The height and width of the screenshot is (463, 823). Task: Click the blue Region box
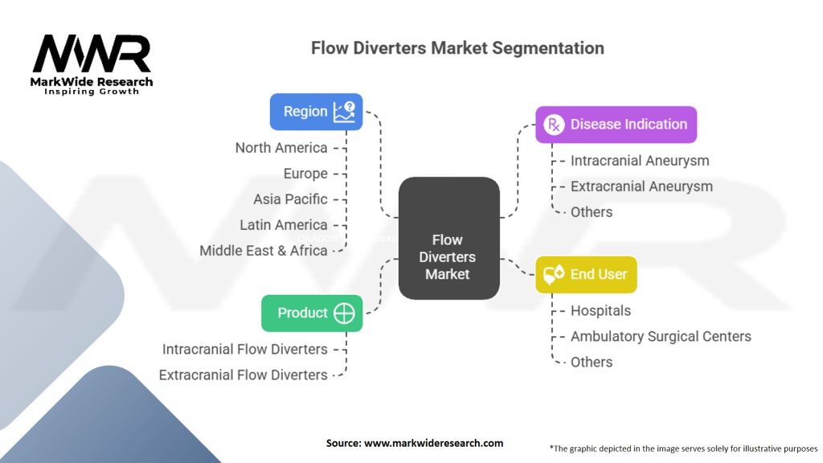click(316, 112)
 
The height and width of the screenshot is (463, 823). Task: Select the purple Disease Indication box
click(616, 125)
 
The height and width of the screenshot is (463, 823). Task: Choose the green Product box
click(312, 313)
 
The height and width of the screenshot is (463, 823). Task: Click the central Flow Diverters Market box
click(448, 256)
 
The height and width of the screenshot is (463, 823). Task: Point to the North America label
click(281, 148)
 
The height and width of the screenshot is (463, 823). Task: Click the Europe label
click(305, 174)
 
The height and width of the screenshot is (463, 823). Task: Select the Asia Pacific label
click(290, 199)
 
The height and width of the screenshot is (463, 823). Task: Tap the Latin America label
click(284, 225)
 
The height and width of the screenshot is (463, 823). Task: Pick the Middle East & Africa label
click(264, 251)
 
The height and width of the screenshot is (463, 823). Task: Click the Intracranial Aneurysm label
click(640, 161)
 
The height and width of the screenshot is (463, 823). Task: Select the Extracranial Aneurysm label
click(641, 186)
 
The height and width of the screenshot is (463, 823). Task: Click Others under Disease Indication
click(592, 212)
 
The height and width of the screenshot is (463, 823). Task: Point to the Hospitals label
click(600, 311)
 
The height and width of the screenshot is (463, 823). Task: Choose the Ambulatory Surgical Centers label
click(661, 337)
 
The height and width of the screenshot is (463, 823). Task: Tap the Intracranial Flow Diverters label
click(245, 350)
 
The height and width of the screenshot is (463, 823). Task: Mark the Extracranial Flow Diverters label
click(244, 375)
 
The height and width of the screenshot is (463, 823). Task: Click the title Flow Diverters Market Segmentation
click(457, 48)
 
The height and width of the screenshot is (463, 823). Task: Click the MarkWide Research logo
click(91, 64)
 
